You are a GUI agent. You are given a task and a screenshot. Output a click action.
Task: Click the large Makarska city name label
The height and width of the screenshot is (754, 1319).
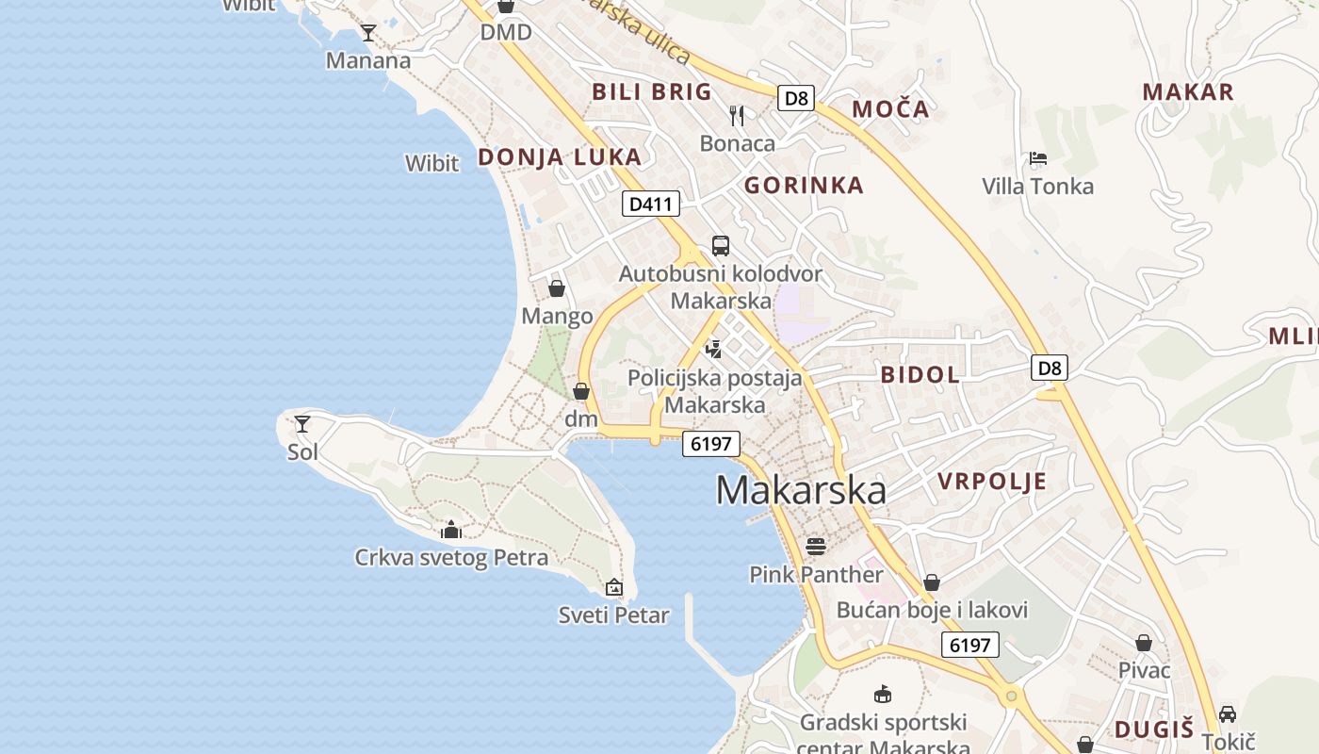click(x=801, y=491)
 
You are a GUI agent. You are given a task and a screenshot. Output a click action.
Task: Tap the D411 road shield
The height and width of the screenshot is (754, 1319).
click(x=651, y=204)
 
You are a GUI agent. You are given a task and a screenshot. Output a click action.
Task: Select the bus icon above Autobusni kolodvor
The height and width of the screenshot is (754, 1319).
click(x=721, y=246)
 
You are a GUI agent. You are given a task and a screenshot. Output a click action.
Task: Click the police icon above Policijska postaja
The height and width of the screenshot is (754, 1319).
click(x=714, y=349)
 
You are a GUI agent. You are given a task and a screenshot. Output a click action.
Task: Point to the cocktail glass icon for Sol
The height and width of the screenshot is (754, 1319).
click(x=302, y=424)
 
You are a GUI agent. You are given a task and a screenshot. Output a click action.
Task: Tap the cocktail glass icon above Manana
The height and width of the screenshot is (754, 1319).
click(x=368, y=33)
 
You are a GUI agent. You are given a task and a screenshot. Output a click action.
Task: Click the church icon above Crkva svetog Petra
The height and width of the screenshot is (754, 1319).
click(x=451, y=530)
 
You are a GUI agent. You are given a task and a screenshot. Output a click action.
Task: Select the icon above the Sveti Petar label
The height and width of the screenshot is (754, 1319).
click(x=614, y=587)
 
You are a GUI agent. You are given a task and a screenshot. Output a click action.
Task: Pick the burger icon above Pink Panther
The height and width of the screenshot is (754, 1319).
click(x=816, y=546)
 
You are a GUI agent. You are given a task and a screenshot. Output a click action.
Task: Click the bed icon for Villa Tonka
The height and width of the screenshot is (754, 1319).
click(x=1038, y=158)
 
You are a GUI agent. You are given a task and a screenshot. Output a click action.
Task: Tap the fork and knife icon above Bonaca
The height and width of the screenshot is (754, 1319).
click(x=737, y=116)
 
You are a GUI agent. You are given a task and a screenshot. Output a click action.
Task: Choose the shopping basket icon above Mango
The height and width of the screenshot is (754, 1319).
click(x=557, y=288)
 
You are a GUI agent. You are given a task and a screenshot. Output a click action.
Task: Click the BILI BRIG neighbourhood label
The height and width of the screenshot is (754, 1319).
click(x=651, y=91)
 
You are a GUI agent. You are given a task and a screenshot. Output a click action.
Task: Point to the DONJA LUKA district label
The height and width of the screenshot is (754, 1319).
click(x=560, y=157)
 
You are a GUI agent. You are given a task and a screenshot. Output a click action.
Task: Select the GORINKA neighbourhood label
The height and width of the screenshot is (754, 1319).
click(x=804, y=186)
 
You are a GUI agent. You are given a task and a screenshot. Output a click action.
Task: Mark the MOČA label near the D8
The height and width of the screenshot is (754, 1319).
click(x=890, y=109)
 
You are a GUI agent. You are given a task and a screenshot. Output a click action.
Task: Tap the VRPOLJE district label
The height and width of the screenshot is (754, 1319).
click(x=992, y=482)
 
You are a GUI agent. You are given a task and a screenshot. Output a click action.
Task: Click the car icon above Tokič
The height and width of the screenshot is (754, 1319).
click(x=1228, y=713)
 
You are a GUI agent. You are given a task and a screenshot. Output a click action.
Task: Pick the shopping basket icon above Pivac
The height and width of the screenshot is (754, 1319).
click(x=1144, y=643)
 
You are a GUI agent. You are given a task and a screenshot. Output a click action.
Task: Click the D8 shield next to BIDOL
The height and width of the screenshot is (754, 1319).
click(x=1050, y=368)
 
